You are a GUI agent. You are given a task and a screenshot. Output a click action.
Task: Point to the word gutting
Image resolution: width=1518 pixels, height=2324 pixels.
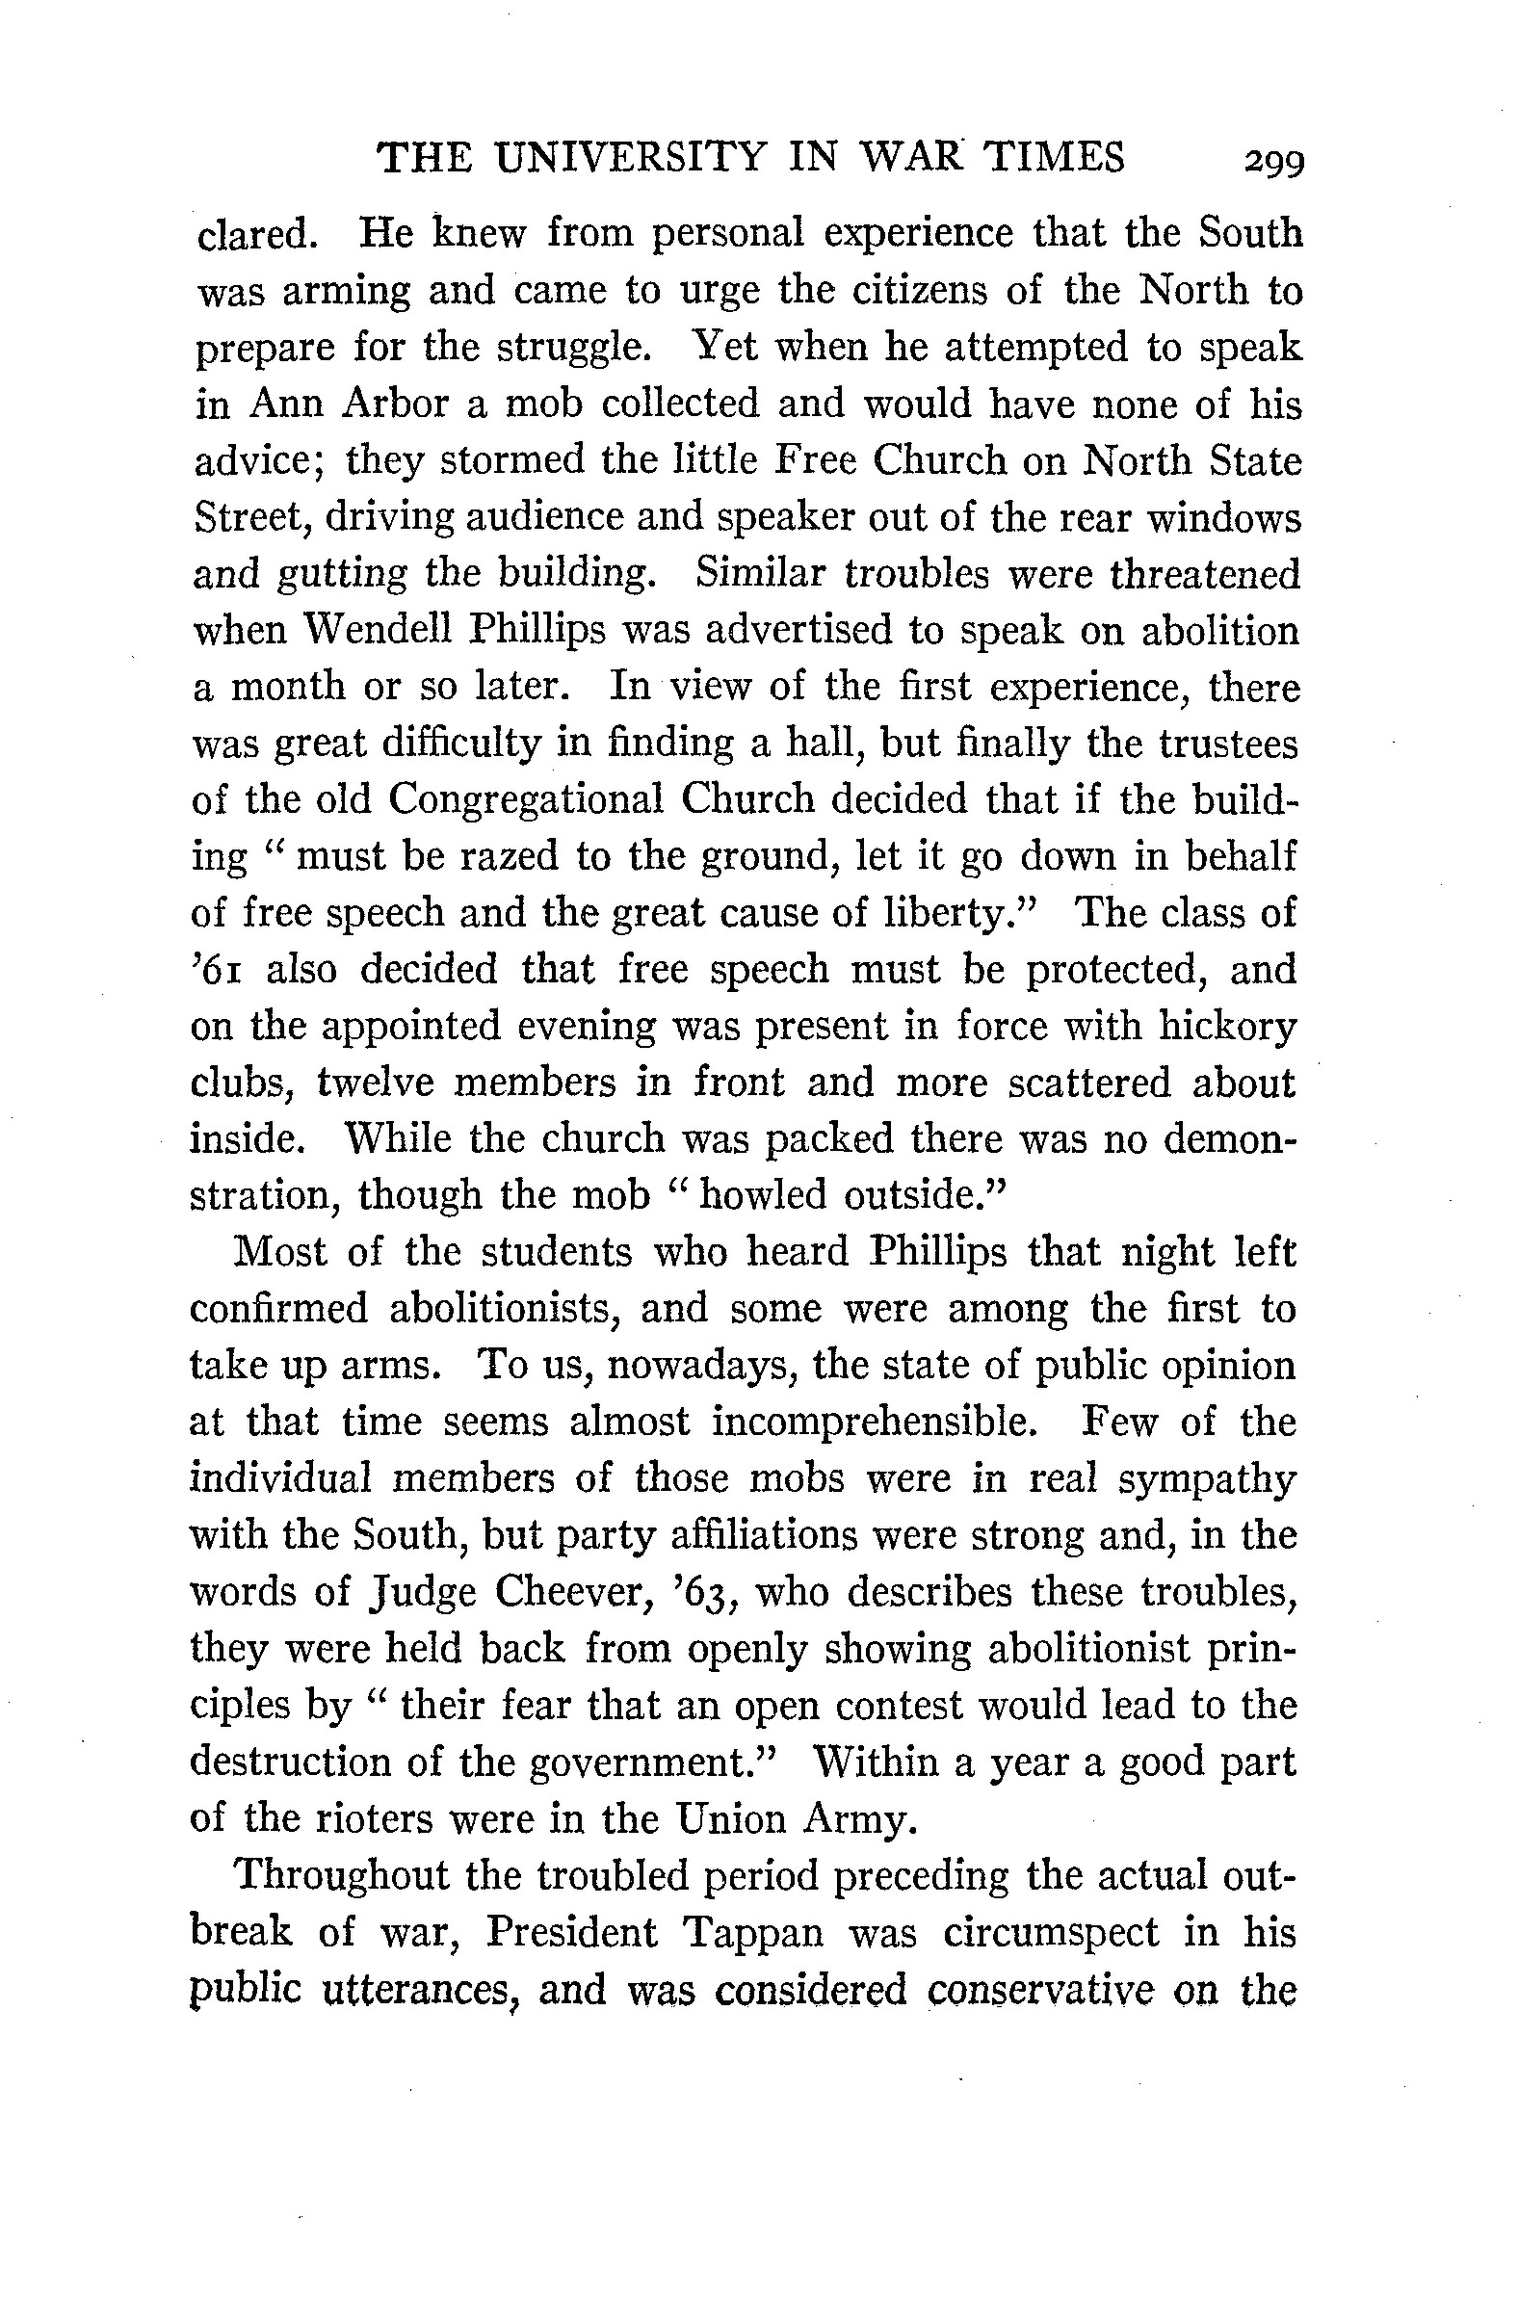coord(341,575)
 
